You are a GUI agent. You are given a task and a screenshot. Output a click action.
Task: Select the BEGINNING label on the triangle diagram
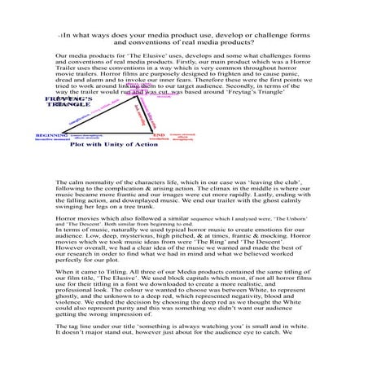click(51, 135)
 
